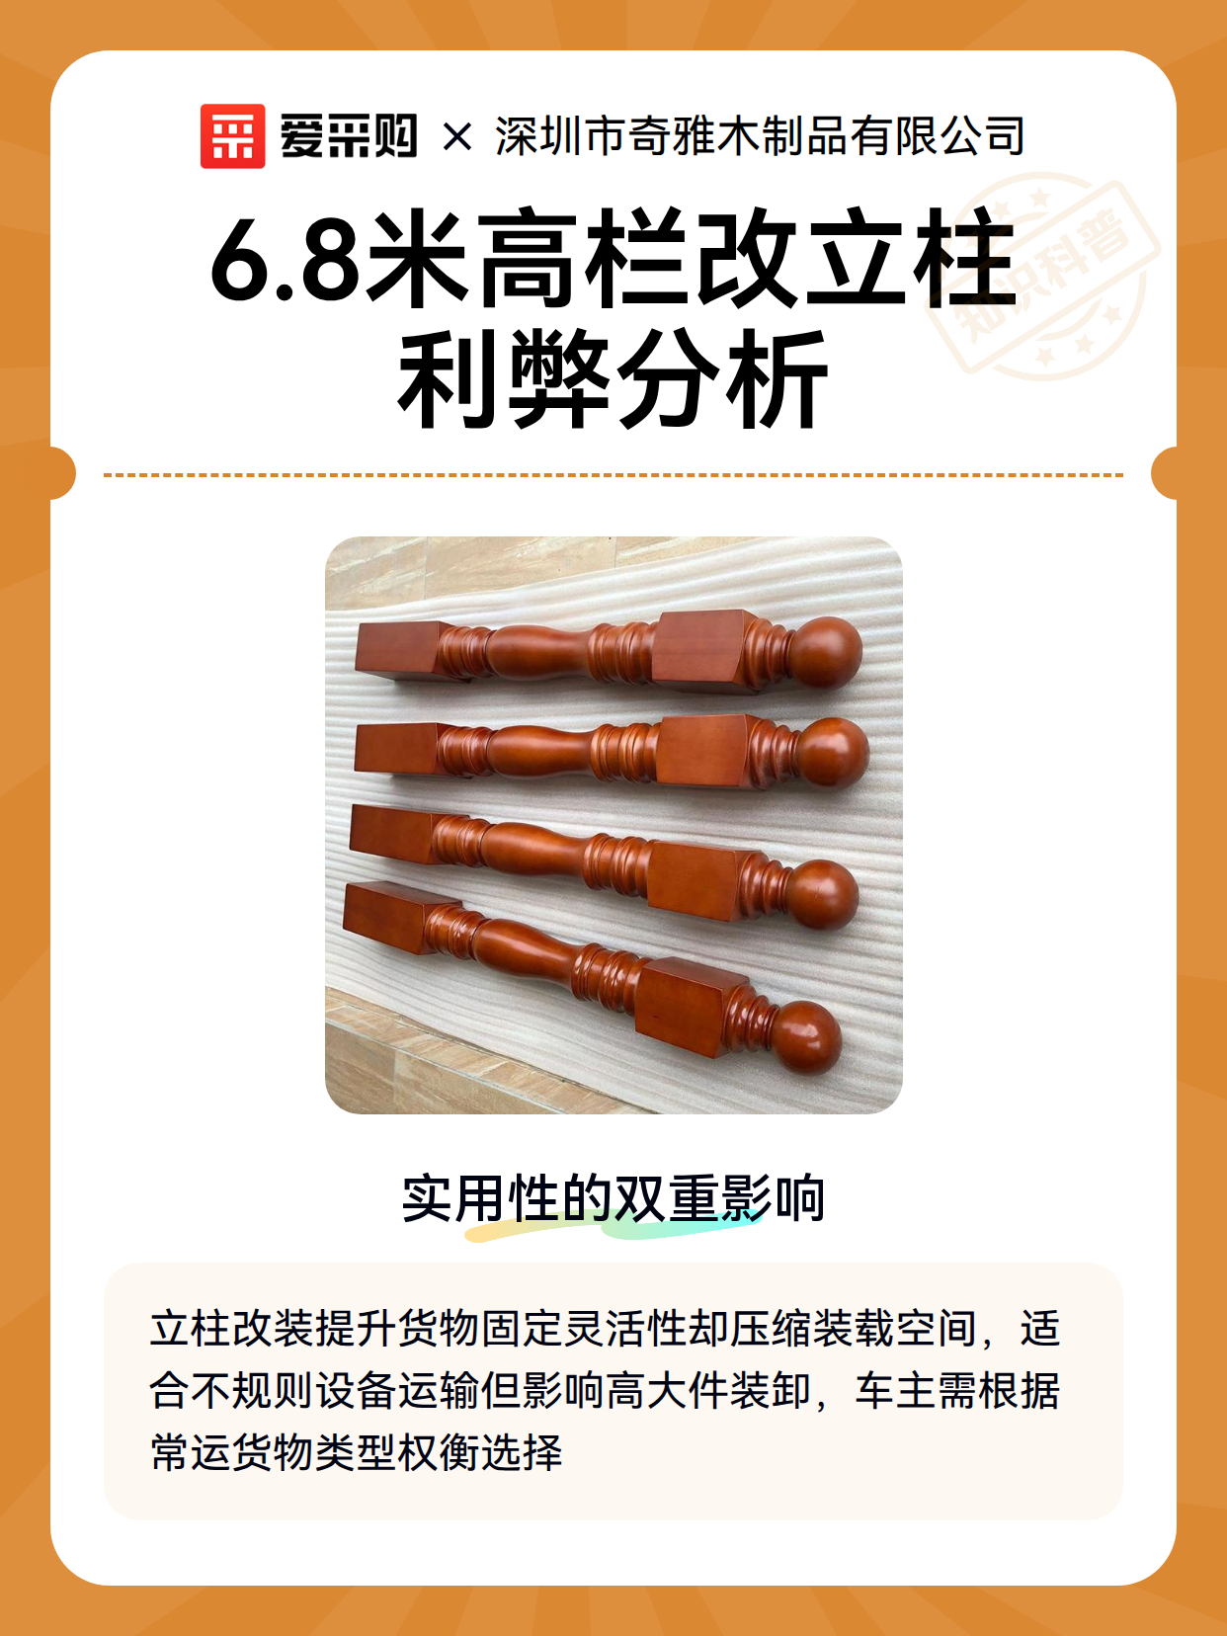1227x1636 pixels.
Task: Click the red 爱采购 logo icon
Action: click(232, 135)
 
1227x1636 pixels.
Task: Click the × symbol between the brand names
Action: click(456, 137)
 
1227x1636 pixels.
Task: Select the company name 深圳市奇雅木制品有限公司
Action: click(760, 136)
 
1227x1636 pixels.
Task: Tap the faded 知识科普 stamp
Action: click(1043, 276)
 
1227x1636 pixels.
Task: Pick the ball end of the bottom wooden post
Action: click(807, 1037)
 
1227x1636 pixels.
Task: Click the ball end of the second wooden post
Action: click(834, 753)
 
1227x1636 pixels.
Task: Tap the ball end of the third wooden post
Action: click(824, 894)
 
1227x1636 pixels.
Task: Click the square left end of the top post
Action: click(395, 650)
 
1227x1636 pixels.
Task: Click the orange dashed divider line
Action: click(613, 474)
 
